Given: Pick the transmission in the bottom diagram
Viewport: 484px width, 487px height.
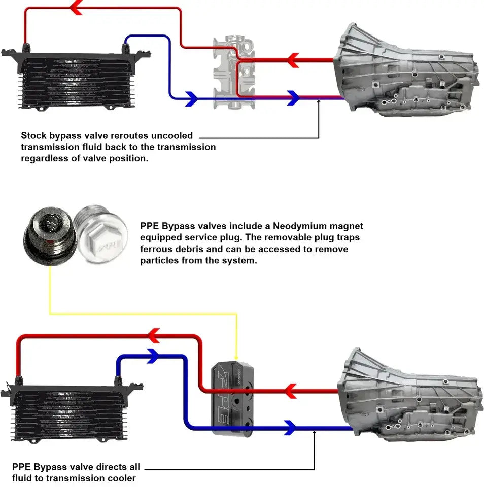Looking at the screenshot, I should click(x=409, y=396).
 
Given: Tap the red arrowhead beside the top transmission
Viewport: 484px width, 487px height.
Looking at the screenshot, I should click(x=293, y=60).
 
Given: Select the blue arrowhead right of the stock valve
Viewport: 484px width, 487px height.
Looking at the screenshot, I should click(x=293, y=98).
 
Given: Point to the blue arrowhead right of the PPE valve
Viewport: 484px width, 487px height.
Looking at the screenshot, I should click(x=290, y=427).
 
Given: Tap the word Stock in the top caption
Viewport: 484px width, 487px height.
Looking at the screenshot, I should click(x=34, y=136).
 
